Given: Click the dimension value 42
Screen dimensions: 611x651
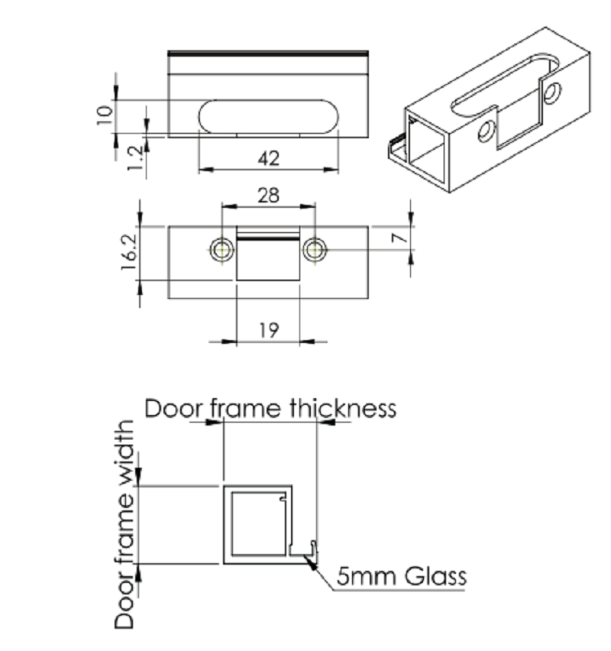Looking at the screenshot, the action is click(269, 159).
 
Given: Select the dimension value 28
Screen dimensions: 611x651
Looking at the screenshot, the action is click(269, 196).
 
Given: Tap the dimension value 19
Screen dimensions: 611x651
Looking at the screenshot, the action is click(269, 331).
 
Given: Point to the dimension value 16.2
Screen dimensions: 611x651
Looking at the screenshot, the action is click(129, 252).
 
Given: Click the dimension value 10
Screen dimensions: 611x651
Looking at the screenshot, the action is click(105, 115).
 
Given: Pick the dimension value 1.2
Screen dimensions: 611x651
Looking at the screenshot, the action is click(135, 157).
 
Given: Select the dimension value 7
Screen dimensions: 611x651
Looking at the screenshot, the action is click(399, 238).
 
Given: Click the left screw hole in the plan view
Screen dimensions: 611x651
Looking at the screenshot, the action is click(222, 250).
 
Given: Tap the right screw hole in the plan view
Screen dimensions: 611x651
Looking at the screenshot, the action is click(315, 250).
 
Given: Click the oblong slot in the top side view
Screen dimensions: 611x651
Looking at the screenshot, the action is click(269, 117).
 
